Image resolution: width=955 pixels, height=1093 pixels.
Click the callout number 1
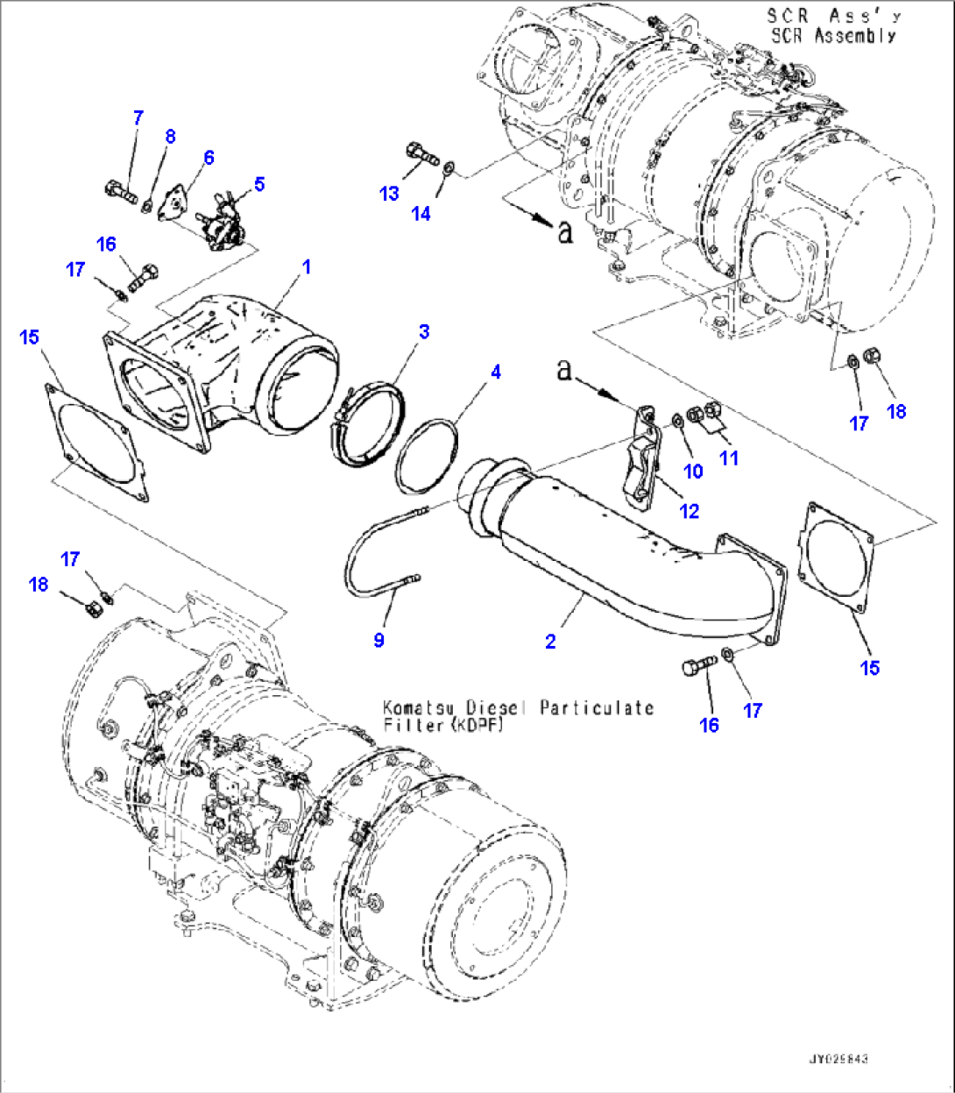click(307, 266)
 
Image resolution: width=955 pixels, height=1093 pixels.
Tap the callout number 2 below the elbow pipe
click(550, 642)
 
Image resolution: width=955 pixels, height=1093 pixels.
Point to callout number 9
click(378, 641)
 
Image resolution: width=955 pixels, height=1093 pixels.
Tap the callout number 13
click(389, 194)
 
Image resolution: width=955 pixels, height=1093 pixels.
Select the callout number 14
click(421, 213)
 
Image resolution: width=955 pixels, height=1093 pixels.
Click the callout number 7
click(138, 118)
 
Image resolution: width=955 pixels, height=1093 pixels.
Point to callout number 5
click(259, 184)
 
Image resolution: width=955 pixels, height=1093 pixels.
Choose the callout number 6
click(209, 158)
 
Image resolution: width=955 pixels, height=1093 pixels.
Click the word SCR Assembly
click(832, 36)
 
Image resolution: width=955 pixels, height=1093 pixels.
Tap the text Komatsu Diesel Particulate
click(517, 707)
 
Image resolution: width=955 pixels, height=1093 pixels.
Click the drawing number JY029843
click(838, 1060)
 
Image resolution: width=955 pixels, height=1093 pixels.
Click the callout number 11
click(729, 458)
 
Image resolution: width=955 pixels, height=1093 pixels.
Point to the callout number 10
click(693, 472)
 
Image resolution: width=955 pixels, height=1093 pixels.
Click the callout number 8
click(170, 136)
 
